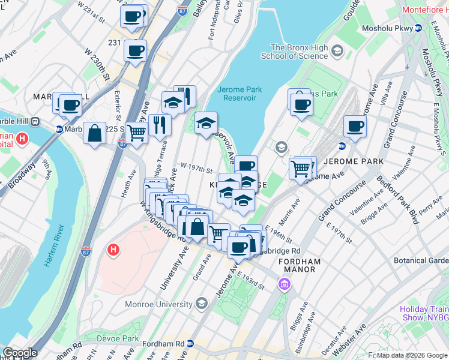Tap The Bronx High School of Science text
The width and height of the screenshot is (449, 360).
tap(294, 52)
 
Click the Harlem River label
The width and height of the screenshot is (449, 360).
tap(53, 247)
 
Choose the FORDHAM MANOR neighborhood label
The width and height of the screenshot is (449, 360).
tap(299, 266)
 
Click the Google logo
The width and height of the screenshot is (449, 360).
tap(20, 353)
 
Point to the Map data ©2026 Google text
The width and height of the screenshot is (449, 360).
tap(412, 355)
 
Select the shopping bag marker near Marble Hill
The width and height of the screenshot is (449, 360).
tap(95, 133)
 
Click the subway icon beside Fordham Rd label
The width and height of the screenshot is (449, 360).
tap(190, 344)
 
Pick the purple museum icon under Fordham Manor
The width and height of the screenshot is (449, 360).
tap(283, 283)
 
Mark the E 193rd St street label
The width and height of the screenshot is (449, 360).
tap(250, 280)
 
